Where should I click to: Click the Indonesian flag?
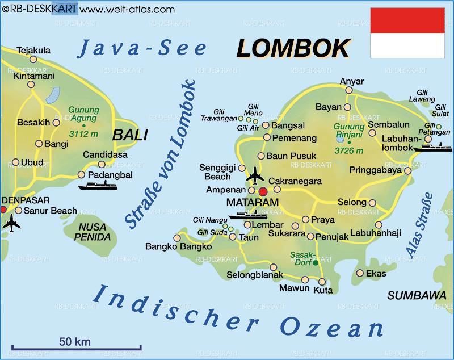pos(407,33)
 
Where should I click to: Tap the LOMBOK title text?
pos(293,48)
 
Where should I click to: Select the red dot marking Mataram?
pos(263,191)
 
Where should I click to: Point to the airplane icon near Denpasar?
pos(11,223)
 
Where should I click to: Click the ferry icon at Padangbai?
pos(97,186)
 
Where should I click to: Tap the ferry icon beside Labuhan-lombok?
pos(432,147)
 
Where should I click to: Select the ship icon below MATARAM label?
pos(247,215)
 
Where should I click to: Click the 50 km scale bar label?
pos(75,341)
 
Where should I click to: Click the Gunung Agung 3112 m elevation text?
pos(83,134)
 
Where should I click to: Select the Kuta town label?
pos(323,290)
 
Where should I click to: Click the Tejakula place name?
pos(33,50)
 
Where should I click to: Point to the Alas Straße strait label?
pos(419,225)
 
